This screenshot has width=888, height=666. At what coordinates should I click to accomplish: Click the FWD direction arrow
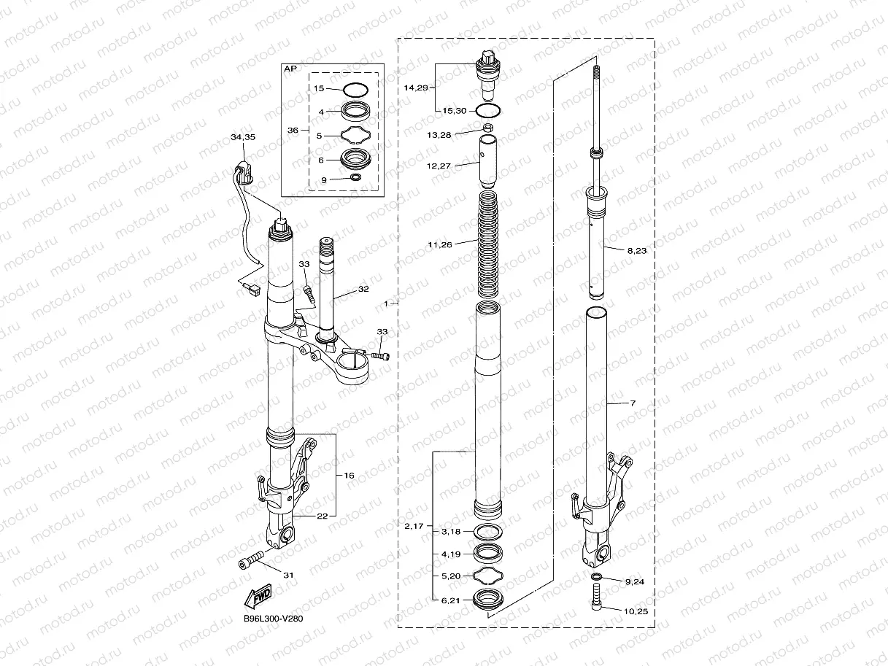coord(258,596)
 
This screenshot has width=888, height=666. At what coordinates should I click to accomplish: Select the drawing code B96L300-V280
coord(273,619)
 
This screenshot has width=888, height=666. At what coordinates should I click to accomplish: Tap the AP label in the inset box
coord(290,69)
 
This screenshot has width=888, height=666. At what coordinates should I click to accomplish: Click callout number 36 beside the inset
coord(293,130)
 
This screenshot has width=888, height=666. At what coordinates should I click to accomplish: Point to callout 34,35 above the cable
coord(243,137)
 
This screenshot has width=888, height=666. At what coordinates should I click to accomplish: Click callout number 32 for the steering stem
coord(363,289)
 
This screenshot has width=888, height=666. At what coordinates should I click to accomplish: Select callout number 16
coord(349,475)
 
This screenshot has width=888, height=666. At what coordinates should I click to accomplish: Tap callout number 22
coord(322,516)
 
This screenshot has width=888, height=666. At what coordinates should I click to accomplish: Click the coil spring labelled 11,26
coord(488,244)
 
